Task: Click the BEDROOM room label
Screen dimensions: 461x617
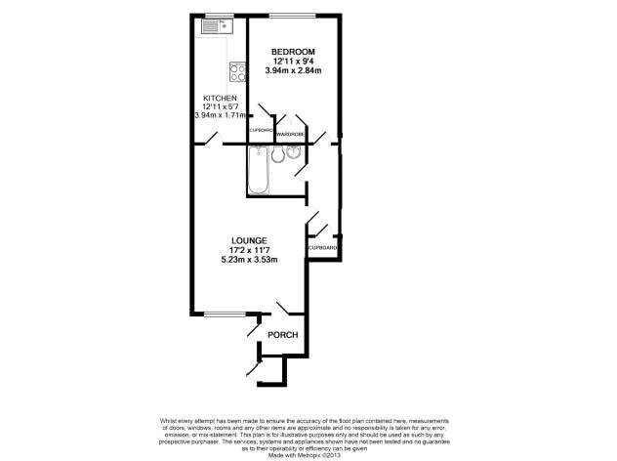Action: pos(294,51)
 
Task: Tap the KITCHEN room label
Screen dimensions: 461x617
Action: pos(220,98)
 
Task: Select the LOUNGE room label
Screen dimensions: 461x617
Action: pos(249,240)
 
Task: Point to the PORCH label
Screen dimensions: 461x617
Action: pos(282,335)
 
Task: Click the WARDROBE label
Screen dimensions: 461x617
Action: pos(290,134)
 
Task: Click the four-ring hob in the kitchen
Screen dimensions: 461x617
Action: pos(237,70)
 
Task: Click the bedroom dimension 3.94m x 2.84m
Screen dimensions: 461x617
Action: pos(294,70)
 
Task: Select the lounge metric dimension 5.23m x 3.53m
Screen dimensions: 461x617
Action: pos(249,259)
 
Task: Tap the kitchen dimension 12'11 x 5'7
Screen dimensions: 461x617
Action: pos(220,106)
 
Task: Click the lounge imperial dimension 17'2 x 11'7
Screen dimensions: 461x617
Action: pos(249,249)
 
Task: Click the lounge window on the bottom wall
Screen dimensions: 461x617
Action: pos(224,315)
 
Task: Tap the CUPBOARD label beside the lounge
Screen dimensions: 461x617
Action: pos(323,249)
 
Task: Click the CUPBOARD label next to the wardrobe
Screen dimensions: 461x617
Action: pos(262,130)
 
